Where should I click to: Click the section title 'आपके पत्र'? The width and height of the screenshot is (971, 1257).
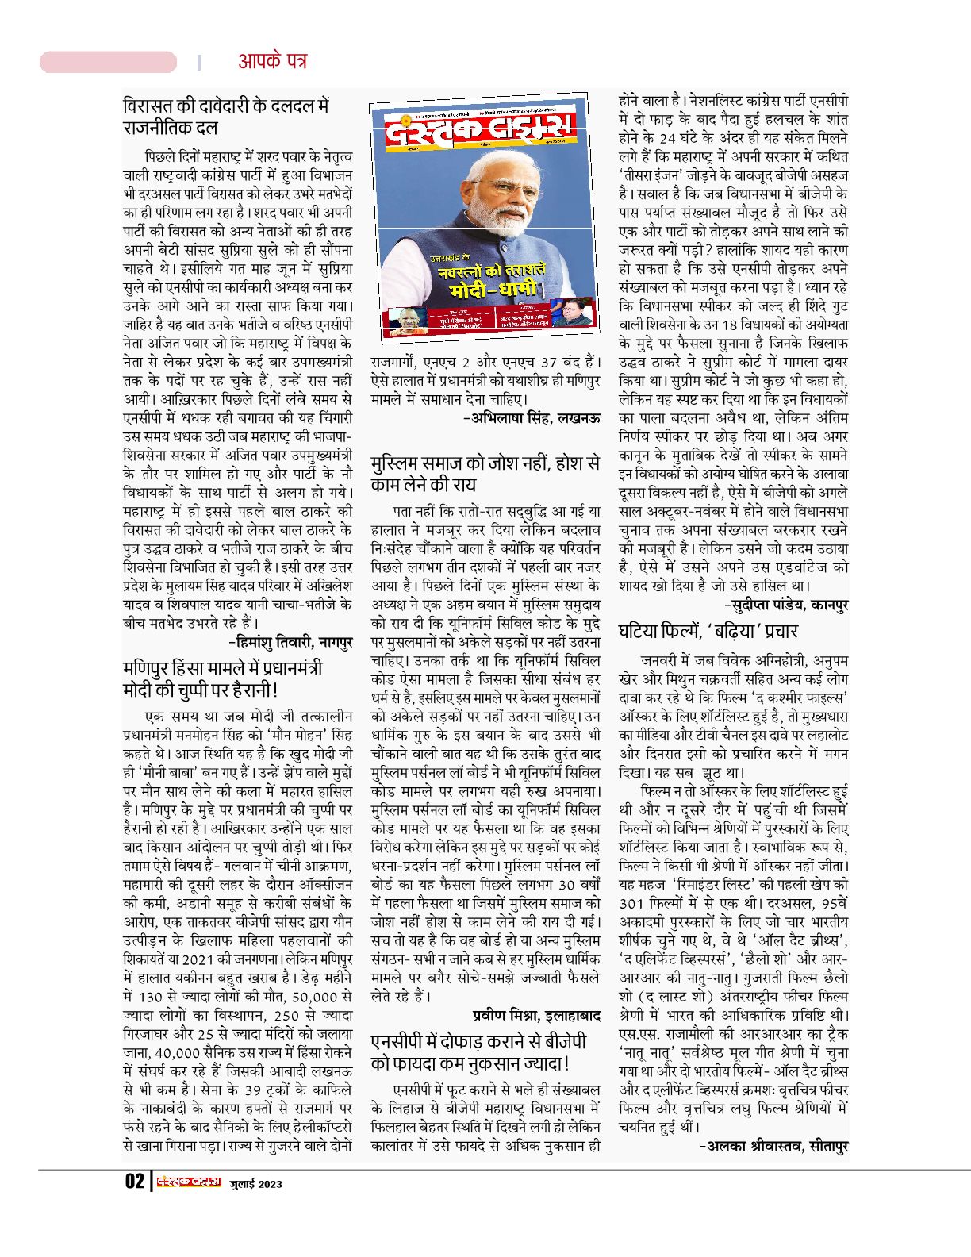tap(272, 61)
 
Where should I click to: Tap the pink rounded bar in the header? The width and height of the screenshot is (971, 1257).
tap(109, 62)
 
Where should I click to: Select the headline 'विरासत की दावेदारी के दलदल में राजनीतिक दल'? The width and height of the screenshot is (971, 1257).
tap(225, 117)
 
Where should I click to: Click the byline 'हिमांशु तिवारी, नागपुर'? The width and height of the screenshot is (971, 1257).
tap(290, 641)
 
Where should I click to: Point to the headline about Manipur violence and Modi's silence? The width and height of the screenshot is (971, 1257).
tap(222, 678)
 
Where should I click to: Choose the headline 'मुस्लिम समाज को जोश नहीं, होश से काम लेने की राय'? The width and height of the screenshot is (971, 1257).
tap(485, 474)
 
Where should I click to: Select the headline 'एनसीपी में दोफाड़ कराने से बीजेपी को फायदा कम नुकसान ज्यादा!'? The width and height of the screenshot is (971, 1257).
tap(478, 1052)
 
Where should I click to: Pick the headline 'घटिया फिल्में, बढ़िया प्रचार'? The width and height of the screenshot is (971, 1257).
tap(708, 632)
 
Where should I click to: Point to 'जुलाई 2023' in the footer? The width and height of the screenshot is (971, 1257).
tap(256, 1183)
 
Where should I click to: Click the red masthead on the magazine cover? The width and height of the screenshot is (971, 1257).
tap(478, 131)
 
